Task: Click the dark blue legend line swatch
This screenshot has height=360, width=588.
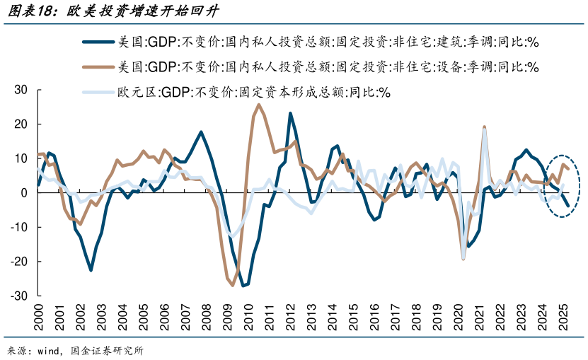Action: [x=99, y=42]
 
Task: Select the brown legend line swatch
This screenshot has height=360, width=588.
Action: [x=99, y=67]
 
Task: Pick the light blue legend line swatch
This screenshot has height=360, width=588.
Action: [x=99, y=92]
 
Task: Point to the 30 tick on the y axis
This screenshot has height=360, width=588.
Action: [x=21, y=89]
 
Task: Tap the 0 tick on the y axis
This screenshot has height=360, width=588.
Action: [x=23, y=192]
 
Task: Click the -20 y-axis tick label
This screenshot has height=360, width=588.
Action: [x=19, y=261]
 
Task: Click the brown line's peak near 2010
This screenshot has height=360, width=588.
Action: [x=258, y=105]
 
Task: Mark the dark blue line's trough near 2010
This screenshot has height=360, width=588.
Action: [x=244, y=286]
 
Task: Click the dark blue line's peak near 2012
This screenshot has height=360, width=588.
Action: [x=290, y=113]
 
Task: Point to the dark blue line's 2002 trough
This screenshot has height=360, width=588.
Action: [x=91, y=270]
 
